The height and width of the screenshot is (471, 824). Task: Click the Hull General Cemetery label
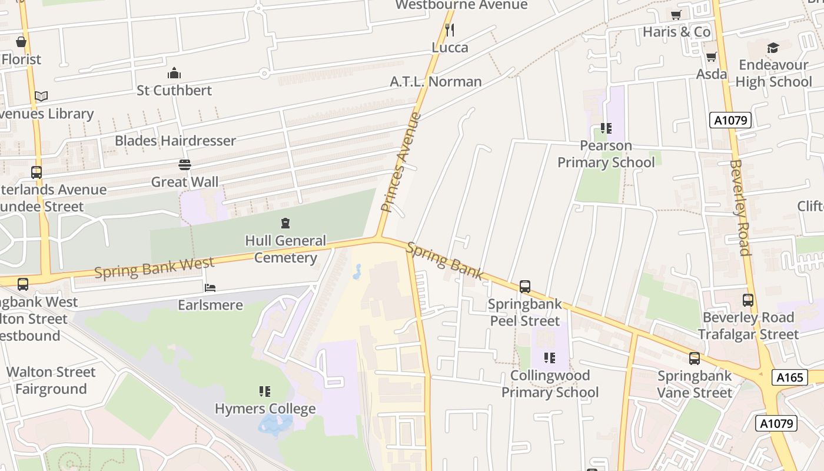pyautogui.click(x=285, y=249)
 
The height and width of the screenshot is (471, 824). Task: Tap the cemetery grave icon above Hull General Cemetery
pyautogui.click(x=285, y=223)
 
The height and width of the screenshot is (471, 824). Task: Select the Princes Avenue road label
pyautogui.click(x=401, y=162)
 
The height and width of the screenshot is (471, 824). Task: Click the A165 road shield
pyautogui.click(x=789, y=377)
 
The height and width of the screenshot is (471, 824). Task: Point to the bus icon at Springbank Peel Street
pyautogui.click(x=524, y=287)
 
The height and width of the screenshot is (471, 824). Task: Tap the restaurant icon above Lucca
pyautogui.click(x=450, y=29)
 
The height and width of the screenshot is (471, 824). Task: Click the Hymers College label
pyautogui.click(x=265, y=409)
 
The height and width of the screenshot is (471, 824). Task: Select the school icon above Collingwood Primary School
pyautogui.click(x=549, y=357)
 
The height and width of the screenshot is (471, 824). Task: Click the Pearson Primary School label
pyautogui.click(x=606, y=154)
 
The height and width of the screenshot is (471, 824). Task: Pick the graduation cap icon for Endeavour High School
pyautogui.click(x=773, y=48)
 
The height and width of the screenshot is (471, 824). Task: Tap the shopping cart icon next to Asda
pyautogui.click(x=711, y=57)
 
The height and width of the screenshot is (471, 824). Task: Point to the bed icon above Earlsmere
pyautogui.click(x=210, y=288)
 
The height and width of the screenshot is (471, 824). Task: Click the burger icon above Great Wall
pyautogui.click(x=185, y=164)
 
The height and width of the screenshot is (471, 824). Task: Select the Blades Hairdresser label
pyautogui.click(x=175, y=141)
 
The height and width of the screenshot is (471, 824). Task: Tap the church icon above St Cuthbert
pyautogui.click(x=174, y=74)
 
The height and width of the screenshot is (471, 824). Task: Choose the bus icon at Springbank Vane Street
pyautogui.click(x=695, y=358)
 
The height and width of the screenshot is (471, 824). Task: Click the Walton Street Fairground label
pyautogui.click(x=51, y=380)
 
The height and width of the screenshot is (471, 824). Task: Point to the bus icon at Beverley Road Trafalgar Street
pyautogui.click(x=747, y=300)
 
